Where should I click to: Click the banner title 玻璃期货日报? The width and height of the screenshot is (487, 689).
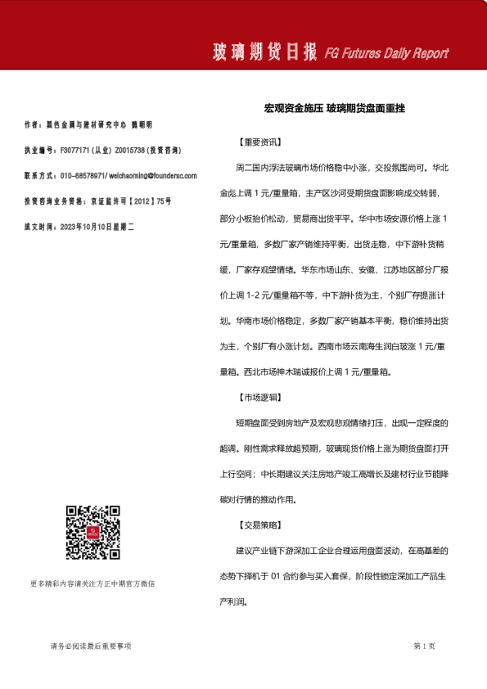(264, 53)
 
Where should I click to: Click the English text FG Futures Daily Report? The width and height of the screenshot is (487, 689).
(386, 54)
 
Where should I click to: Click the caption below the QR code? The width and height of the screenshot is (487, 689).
(92, 583)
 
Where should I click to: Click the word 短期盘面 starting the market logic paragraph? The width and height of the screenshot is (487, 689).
(255, 423)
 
